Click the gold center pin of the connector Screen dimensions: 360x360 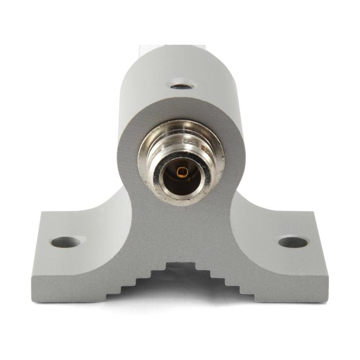181,171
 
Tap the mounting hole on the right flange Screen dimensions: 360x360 293,242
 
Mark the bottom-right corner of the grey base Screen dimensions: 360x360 327,300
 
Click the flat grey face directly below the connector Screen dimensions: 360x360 181,231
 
